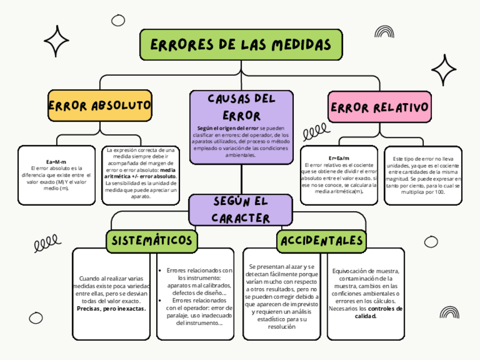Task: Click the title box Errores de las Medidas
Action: tap(240, 45)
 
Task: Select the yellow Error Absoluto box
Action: tap(100, 105)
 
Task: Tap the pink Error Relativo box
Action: tap(379, 107)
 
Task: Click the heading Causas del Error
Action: tap(241, 107)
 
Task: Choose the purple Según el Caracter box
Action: tap(241, 209)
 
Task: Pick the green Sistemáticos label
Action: tap(153, 241)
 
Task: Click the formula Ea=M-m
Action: tap(56, 162)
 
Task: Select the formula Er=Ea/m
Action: tap(338, 158)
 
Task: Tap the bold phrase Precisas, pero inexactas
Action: tap(112, 309)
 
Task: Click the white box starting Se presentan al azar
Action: tap(283, 294)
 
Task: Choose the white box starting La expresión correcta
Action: tap(141, 175)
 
